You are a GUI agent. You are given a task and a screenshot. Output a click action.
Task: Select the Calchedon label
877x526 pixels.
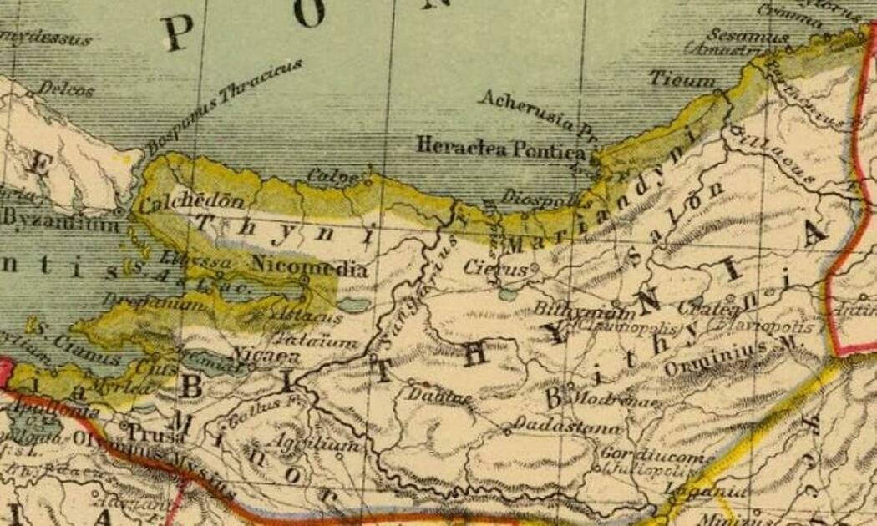(180, 202)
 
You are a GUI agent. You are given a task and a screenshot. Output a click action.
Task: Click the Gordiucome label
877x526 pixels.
(657, 458)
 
